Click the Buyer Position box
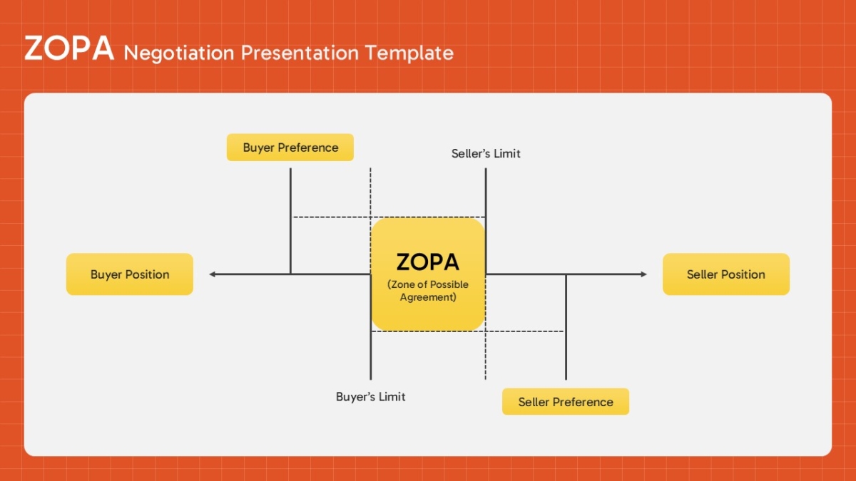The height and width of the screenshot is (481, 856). click(130, 274)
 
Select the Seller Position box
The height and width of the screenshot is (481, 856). click(726, 274)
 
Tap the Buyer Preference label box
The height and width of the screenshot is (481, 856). click(290, 148)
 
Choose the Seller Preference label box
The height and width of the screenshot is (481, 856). click(566, 402)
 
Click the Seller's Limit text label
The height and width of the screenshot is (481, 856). click(486, 153)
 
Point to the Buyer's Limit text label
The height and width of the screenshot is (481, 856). click(371, 397)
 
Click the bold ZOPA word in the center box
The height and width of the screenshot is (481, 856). click(427, 262)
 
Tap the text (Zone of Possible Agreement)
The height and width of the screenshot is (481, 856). click(428, 291)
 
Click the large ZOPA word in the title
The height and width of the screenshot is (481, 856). click(69, 48)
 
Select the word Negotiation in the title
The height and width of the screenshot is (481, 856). click(179, 53)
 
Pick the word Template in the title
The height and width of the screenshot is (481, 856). click(409, 53)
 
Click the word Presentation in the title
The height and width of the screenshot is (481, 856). click(300, 53)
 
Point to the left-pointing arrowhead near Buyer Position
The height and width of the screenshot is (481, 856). click(213, 274)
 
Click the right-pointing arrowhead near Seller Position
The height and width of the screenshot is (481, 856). click(644, 274)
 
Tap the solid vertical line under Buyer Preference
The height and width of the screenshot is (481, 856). click(290, 221)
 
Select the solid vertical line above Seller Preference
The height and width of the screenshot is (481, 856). click(566, 327)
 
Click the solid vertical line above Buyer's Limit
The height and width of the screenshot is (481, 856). click(371, 327)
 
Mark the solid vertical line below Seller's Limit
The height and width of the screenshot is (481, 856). click(486, 221)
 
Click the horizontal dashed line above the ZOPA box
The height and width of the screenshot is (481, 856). click(389, 217)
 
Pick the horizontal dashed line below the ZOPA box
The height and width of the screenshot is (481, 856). click(468, 331)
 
